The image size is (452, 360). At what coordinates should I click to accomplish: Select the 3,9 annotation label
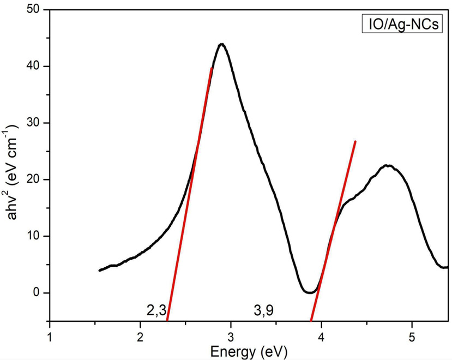[264, 311]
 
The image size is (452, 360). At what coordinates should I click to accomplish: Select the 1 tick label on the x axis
[50, 334]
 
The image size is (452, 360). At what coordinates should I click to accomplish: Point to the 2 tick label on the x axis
[141, 334]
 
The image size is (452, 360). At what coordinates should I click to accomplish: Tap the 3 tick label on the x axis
[231, 334]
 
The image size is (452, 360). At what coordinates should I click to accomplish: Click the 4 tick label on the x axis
[322, 334]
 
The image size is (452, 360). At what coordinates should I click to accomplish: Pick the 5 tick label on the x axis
[412, 334]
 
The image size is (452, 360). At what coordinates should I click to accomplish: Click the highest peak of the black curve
[221, 44]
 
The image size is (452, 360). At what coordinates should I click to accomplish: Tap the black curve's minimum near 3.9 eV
[310, 292]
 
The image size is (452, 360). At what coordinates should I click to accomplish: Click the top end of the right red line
[355, 141]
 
